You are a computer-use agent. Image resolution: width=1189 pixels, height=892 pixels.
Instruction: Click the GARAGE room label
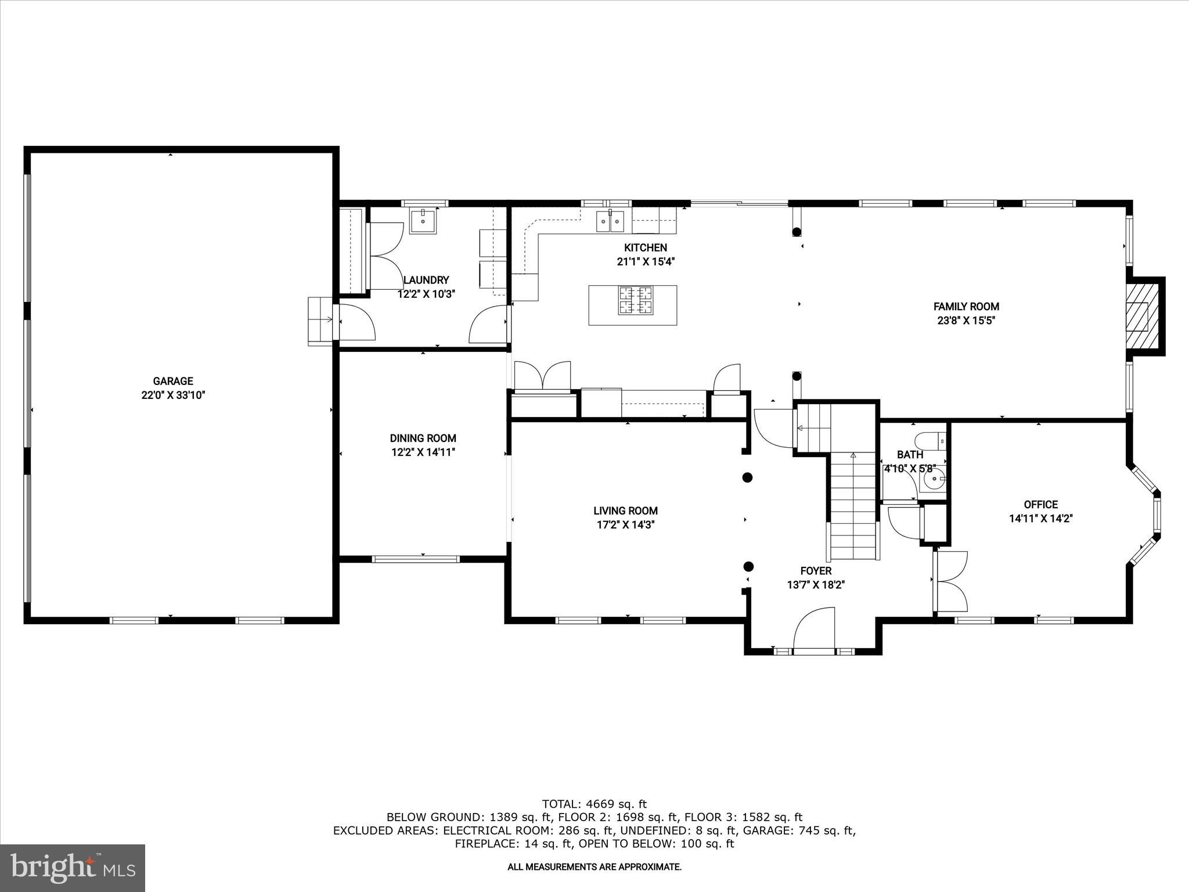(173, 382)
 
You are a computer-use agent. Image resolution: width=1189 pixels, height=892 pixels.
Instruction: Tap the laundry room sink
(423, 221)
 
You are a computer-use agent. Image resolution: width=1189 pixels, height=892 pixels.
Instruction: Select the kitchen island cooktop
(636, 300)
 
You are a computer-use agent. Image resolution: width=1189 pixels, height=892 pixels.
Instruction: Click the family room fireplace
(1138, 317)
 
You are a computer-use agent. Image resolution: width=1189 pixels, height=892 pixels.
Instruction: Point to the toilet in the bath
(929, 440)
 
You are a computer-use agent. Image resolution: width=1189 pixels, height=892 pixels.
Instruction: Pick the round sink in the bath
(934, 480)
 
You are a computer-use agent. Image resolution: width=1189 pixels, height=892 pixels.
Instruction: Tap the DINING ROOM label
(423, 438)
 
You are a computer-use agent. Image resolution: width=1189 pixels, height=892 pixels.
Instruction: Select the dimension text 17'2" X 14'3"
(625, 525)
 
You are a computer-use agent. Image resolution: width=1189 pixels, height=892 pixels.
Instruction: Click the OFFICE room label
(1040, 505)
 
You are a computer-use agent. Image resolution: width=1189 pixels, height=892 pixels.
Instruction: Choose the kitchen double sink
(609, 221)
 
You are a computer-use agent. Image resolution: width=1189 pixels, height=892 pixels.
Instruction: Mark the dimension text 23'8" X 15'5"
(966, 321)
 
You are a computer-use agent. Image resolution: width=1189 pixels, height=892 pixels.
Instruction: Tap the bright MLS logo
(73, 868)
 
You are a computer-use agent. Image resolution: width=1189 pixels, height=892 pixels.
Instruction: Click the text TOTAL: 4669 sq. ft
(594, 804)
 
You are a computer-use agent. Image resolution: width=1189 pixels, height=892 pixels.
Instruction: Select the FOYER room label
(816, 571)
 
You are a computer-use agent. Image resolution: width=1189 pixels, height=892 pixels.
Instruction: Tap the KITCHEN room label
(645, 247)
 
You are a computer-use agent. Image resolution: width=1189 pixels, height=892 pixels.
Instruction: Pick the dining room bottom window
(415, 559)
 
